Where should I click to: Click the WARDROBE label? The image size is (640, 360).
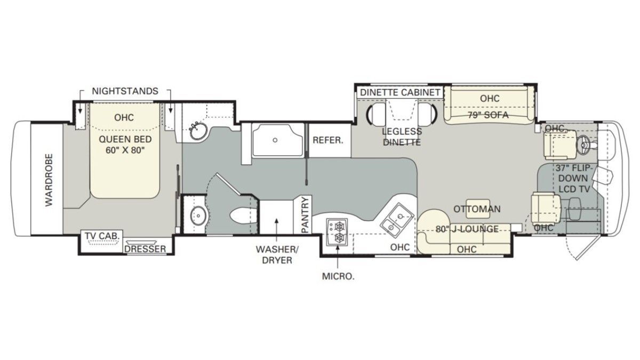[x=49, y=180]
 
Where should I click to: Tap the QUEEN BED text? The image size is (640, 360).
[x=125, y=139]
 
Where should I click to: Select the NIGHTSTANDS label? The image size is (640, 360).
[x=125, y=91]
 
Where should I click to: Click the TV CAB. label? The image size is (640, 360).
[x=102, y=236]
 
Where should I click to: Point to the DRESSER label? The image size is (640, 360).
[x=145, y=249]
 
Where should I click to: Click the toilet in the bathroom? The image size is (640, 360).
[x=242, y=215]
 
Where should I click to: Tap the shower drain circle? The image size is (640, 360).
[x=275, y=140]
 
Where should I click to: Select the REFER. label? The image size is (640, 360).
[x=327, y=140]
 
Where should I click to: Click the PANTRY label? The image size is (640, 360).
[x=306, y=215]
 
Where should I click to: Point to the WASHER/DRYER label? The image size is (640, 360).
[x=277, y=254]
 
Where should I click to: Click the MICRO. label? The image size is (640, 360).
[x=338, y=276]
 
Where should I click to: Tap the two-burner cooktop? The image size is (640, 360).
[x=338, y=232]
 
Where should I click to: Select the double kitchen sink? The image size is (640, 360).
[x=397, y=220]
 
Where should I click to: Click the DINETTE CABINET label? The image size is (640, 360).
[x=400, y=92]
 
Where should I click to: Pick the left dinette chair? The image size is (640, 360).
[x=375, y=113]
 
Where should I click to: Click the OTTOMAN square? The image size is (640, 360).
[x=477, y=209]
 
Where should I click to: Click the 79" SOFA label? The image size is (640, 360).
[x=489, y=115]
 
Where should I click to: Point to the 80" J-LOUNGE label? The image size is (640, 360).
[x=467, y=229]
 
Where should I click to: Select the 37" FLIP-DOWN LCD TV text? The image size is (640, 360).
[x=573, y=178]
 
